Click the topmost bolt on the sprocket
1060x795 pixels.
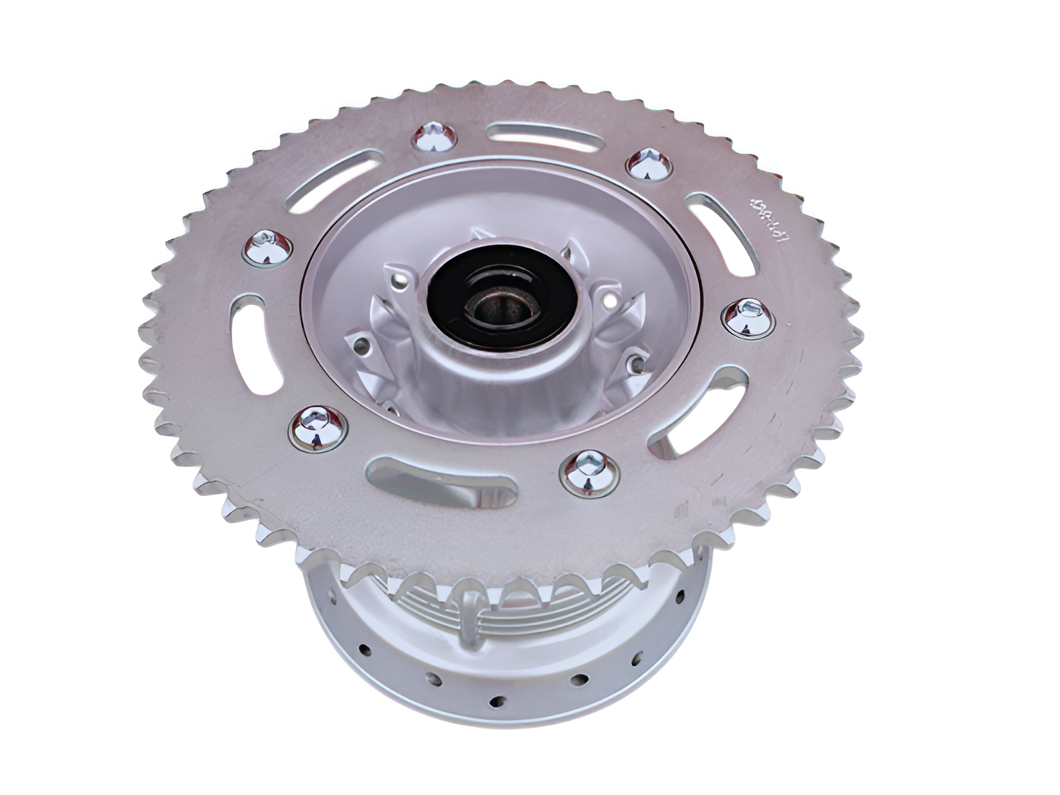pos(434,138)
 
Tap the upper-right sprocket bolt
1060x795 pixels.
pos(649,164)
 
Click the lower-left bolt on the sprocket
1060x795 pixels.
pos(316,427)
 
